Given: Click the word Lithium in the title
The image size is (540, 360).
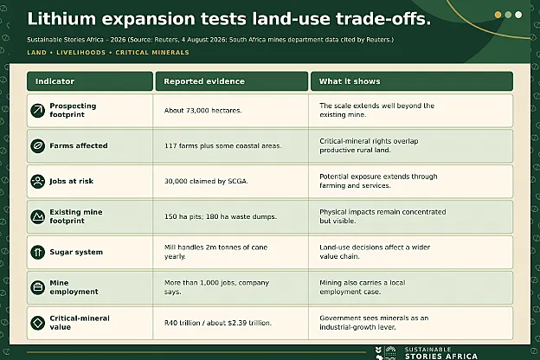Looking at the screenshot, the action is tap(61, 18).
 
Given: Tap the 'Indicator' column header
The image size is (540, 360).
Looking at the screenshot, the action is tap(89, 81).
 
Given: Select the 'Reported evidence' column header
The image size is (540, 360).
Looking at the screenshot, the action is tap(232, 81).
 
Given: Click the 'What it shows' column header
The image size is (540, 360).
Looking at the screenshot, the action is tap(412, 81).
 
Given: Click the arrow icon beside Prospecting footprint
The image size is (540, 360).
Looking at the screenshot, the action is tap(38, 111).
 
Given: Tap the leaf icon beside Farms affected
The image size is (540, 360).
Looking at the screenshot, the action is tap(38, 146).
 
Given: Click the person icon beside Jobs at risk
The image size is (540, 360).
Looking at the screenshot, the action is tap(38, 182).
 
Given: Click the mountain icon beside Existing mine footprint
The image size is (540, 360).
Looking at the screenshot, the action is tap(38, 217).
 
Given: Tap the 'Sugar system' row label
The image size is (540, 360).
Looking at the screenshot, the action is tap(76, 252).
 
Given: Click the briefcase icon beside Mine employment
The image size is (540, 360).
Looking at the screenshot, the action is tap(38, 287).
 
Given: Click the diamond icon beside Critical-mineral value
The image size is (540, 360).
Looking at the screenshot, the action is tap(38, 323).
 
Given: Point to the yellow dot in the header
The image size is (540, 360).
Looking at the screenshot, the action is tap(498, 15).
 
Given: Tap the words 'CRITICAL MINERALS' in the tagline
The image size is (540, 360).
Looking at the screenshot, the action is tap(152, 53).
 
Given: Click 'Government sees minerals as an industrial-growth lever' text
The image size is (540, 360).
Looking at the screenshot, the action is tap(374, 323).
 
